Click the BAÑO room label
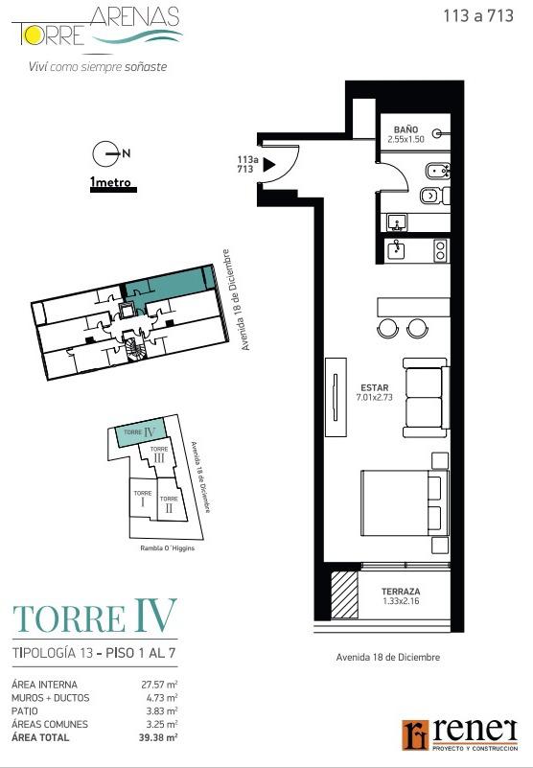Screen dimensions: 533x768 406,129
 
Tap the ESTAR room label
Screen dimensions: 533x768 374,388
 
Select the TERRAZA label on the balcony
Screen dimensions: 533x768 401,592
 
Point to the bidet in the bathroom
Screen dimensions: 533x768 437,172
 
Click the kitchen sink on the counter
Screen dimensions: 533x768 396,251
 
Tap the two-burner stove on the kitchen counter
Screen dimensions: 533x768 440,250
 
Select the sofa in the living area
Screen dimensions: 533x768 426,398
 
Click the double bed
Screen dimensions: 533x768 405,503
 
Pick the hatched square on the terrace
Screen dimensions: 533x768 344,594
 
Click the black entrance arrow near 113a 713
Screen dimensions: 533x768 269,165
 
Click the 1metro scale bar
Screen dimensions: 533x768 113,190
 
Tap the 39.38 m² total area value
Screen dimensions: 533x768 158,737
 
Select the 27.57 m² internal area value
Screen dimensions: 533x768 159,685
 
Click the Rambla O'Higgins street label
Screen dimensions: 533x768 168,548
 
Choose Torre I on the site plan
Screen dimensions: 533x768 143,499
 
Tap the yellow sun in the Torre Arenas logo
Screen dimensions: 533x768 35,35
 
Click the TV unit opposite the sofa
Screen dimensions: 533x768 336,397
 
